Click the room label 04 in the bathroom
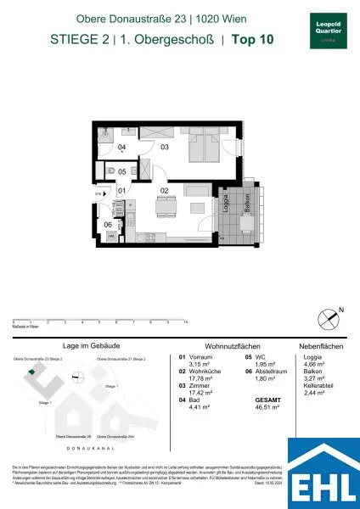pyautogui.click(x=121, y=148)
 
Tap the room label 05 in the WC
pyautogui.click(x=121, y=171)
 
